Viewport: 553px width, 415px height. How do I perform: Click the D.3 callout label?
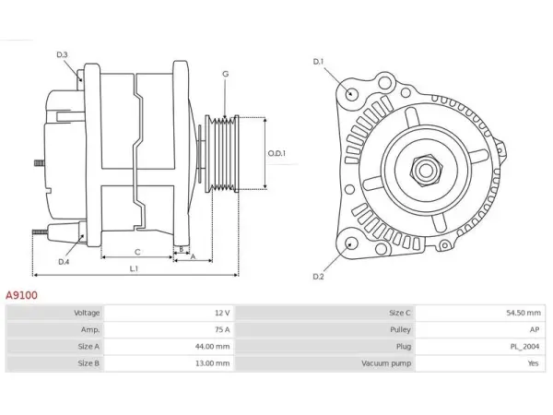pos(62,54)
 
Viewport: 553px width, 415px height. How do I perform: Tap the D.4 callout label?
pos(64,262)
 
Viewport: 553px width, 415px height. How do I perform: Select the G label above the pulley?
pos(226,74)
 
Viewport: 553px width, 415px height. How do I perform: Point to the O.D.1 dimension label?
pos(276,153)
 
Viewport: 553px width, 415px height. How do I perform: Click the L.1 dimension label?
pos(134,268)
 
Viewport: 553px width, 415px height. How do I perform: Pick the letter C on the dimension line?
pos(137,252)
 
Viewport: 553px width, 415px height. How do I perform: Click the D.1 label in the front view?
pos(318,62)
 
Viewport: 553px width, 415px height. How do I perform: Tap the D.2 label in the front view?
pos(318,277)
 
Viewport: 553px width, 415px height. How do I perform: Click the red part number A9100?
pos(21,295)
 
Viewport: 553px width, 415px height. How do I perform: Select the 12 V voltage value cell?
pos(222,313)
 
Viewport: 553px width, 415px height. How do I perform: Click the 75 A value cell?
pos(222,329)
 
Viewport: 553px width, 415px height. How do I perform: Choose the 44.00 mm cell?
pos(212,347)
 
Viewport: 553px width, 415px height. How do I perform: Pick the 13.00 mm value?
pos(212,363)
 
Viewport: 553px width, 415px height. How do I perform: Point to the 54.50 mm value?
pos(524,313)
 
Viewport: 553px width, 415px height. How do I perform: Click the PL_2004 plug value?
pos(524,347)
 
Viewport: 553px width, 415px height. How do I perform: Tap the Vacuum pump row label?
pos(386,363)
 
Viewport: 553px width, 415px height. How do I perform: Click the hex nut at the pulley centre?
pos(426,171)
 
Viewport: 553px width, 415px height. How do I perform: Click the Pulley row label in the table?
pos(400,329)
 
